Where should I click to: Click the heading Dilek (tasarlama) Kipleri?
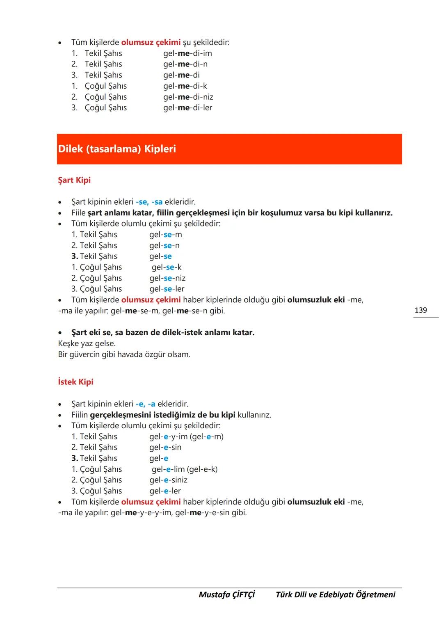point(117,149)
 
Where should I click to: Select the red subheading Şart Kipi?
point(74,180)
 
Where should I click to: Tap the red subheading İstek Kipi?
point(75,382)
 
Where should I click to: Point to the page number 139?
point(420,310)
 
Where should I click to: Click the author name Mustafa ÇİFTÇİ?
point(226,595)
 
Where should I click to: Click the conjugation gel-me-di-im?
point(187,53)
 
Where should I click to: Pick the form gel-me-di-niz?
point(188,97)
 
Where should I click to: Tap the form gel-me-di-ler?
point(187,108)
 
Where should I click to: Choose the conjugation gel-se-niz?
point(167,278)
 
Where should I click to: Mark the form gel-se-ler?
point(167,289)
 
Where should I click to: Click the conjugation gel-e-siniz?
point(168,480)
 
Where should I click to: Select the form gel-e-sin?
point(165,448)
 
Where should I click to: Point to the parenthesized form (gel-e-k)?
point(203,469)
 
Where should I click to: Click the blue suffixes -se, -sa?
point(149,202)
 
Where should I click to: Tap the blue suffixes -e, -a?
point(145,404)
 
